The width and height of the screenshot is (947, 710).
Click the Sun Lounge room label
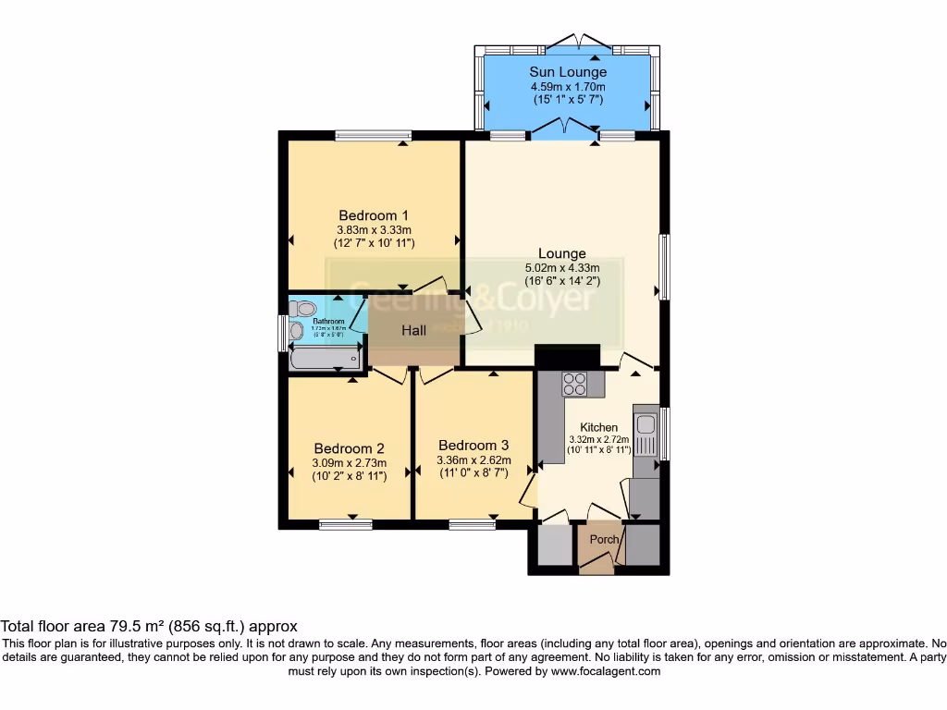point(568,71)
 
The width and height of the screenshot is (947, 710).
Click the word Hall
point(413,330)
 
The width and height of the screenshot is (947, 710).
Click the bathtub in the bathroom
point(325,359)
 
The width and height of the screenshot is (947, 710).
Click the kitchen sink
point(645,428)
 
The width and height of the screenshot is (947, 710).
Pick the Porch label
point(604,539)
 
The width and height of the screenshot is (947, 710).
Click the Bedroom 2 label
point(349,448)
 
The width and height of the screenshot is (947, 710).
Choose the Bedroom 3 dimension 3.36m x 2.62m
point(473,459)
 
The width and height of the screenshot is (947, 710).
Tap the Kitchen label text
point(598,427)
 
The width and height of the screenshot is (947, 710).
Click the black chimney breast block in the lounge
point(568,356)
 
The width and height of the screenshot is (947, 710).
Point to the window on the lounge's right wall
point(663,266)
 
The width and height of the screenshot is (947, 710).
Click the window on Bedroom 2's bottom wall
point(346,525)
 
